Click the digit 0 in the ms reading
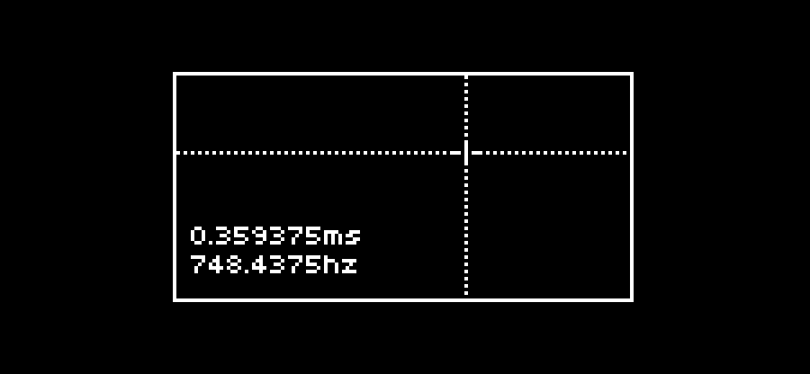tap(198, 236)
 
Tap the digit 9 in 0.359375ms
tap(259, 236)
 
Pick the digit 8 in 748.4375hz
tap(234, 264)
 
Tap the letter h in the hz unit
tap(331, 264)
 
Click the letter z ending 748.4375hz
tap(349, 266)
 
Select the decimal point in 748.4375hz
tap(247, 272)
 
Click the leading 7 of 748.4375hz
tap(198, 264)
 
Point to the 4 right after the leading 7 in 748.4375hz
tap(216, 264)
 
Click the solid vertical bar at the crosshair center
tap(466, 153)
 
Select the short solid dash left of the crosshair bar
tap(455, 153)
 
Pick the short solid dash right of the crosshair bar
tap(477, 153)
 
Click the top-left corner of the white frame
tap(173, 72)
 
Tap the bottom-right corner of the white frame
tap(633, 301)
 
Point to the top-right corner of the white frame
tap(633, 72)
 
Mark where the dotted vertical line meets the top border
tap(466, 74)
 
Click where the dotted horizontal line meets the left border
tap(175, 153)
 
